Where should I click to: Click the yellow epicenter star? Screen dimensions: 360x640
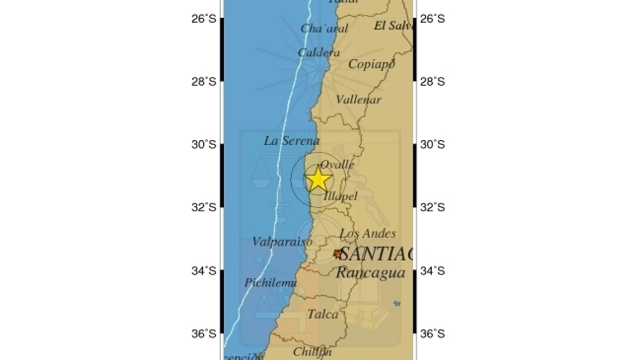[x=318, y=180]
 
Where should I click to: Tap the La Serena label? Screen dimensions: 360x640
[x=292, y=141]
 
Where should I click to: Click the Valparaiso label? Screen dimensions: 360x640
[x=281, y=242]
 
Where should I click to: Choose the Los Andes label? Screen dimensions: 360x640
[x=367, y=234]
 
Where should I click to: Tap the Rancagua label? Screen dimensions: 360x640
[x=367, y=271]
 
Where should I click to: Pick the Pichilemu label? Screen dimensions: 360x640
[x=272, y=283]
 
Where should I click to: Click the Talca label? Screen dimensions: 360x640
[x=322, y=315]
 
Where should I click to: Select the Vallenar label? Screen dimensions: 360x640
[x=358, y=100]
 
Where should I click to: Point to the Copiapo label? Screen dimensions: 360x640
[x=372, y=64]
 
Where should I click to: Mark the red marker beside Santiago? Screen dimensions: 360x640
[x=337, y=253]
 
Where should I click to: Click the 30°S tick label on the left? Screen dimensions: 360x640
[x=204, y=144]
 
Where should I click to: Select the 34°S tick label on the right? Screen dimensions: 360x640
[x=432, y=270]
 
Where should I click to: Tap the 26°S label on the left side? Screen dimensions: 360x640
[x=204, y=18]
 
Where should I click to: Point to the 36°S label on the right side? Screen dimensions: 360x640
[x=432, y=333]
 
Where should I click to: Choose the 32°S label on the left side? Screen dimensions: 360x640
[x=204, y=207]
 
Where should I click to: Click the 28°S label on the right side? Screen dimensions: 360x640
[x=432, y=81]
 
